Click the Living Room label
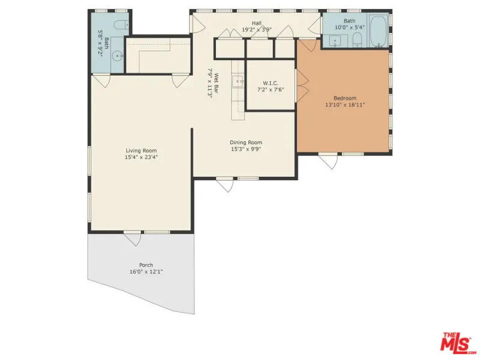141,151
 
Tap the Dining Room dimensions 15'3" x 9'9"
246,149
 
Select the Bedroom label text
345,98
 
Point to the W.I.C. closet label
271,83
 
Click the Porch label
146,265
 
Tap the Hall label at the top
257,23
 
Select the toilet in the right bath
357,40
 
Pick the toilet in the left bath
122,24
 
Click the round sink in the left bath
118,56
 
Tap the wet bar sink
238,82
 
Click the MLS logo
458,342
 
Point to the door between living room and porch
133,238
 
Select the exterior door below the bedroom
328,160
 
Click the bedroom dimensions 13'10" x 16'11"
345,104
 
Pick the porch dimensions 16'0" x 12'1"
146,272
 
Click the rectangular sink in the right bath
335,41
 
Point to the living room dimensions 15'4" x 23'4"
141,157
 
